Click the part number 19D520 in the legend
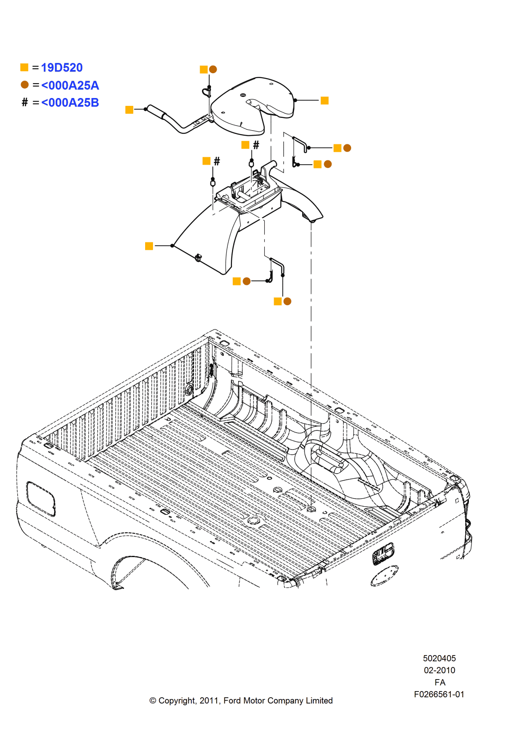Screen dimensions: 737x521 [62, 67]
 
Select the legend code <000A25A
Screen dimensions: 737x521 [70, 86]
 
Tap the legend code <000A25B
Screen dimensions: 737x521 [70, 103]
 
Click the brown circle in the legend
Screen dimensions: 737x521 [25, 85]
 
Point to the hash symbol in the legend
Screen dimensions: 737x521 [25, 102]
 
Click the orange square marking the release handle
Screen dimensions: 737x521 [129, 110]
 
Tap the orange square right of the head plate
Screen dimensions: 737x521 [325, 100]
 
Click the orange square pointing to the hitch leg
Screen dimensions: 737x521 [149, 246]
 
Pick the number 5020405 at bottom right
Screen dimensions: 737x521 [439, 658]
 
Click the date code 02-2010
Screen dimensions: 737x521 [439, 670]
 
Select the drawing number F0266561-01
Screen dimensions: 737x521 [439, 694]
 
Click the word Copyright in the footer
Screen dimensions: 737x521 [177, 701]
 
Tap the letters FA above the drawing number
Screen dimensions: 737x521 [440, 682]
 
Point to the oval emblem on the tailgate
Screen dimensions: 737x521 [384, 576]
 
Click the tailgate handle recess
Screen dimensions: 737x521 [383, 553]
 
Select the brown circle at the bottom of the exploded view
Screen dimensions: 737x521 [287, 301]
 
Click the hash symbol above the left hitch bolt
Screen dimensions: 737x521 [217, 161]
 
